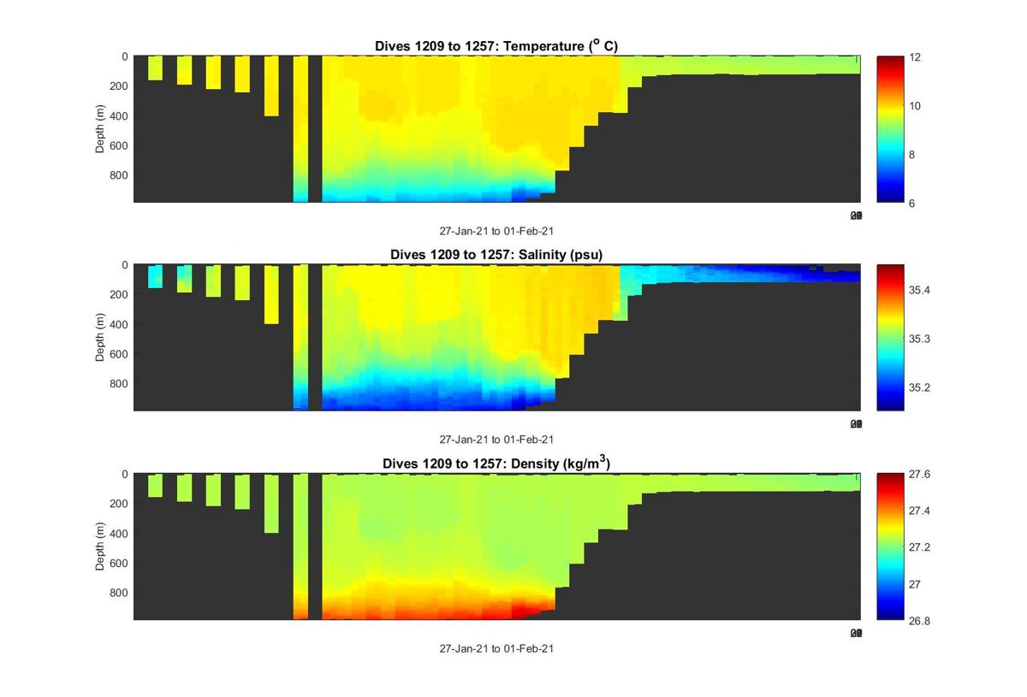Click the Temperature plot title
coord(496,45)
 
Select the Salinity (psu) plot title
coord(496,254)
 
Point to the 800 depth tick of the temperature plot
coord(119,174)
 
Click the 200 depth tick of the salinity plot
coord(119,294)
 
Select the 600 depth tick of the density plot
coord(119,563)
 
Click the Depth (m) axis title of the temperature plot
coord(99,130)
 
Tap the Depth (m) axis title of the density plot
coord(99,547)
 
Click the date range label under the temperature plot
coord(496,231)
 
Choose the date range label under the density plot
coord(496,648)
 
